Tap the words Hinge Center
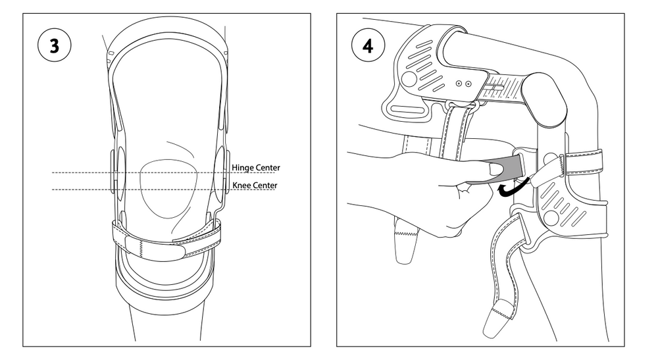point(256,168)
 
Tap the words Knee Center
point(255,186)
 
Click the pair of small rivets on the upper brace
point(464,84)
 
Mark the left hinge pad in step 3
point(116,172)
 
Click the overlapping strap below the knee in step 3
point(168,236)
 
